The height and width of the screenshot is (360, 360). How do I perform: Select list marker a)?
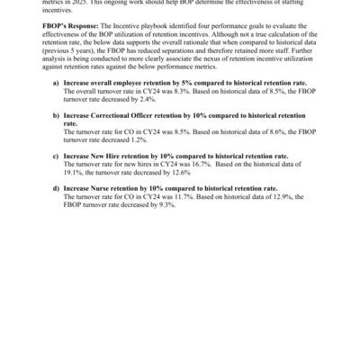56,82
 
